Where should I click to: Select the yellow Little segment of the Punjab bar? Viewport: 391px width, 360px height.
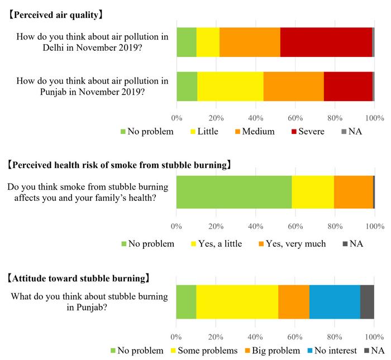[x=230, y=87]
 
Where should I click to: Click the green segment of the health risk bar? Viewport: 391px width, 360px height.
[x=233, y=192]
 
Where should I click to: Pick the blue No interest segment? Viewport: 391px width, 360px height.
[x=335, y=301]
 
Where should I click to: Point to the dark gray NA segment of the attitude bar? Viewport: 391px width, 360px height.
[x=367, y=301]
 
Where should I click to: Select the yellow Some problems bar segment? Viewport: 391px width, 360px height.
[x=237, y=301]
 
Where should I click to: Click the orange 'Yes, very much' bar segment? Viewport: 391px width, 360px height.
[x=353, y=192]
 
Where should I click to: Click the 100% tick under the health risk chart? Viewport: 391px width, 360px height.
[x=374, y=227]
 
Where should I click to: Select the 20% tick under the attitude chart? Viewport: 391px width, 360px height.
[x=216, y=337]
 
